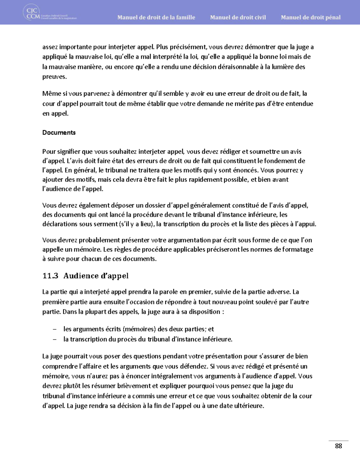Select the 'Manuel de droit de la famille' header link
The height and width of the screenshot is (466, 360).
(156, 17)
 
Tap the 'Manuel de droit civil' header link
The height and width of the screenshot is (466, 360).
(238, 17)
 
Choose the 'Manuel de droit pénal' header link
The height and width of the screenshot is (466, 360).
(310, 17)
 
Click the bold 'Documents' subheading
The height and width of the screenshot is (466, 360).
(59, 133)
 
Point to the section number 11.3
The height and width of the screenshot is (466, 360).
(50, 276)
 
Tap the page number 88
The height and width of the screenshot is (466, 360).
(338, 446)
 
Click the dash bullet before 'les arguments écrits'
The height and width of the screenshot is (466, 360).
(55, 329)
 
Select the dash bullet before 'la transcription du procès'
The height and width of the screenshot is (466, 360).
(55, 339)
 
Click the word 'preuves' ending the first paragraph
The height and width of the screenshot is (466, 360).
(54, 77)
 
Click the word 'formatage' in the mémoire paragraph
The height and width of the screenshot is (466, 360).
(297, 249)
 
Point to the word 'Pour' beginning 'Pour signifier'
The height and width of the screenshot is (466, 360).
(49, 152)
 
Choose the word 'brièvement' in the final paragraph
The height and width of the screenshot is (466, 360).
(134, 386)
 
